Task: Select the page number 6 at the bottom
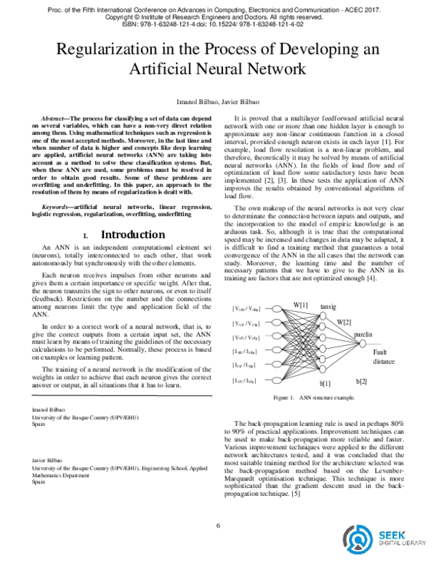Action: click(x=218, y=526)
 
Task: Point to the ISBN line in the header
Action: click(x=218, y=23)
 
